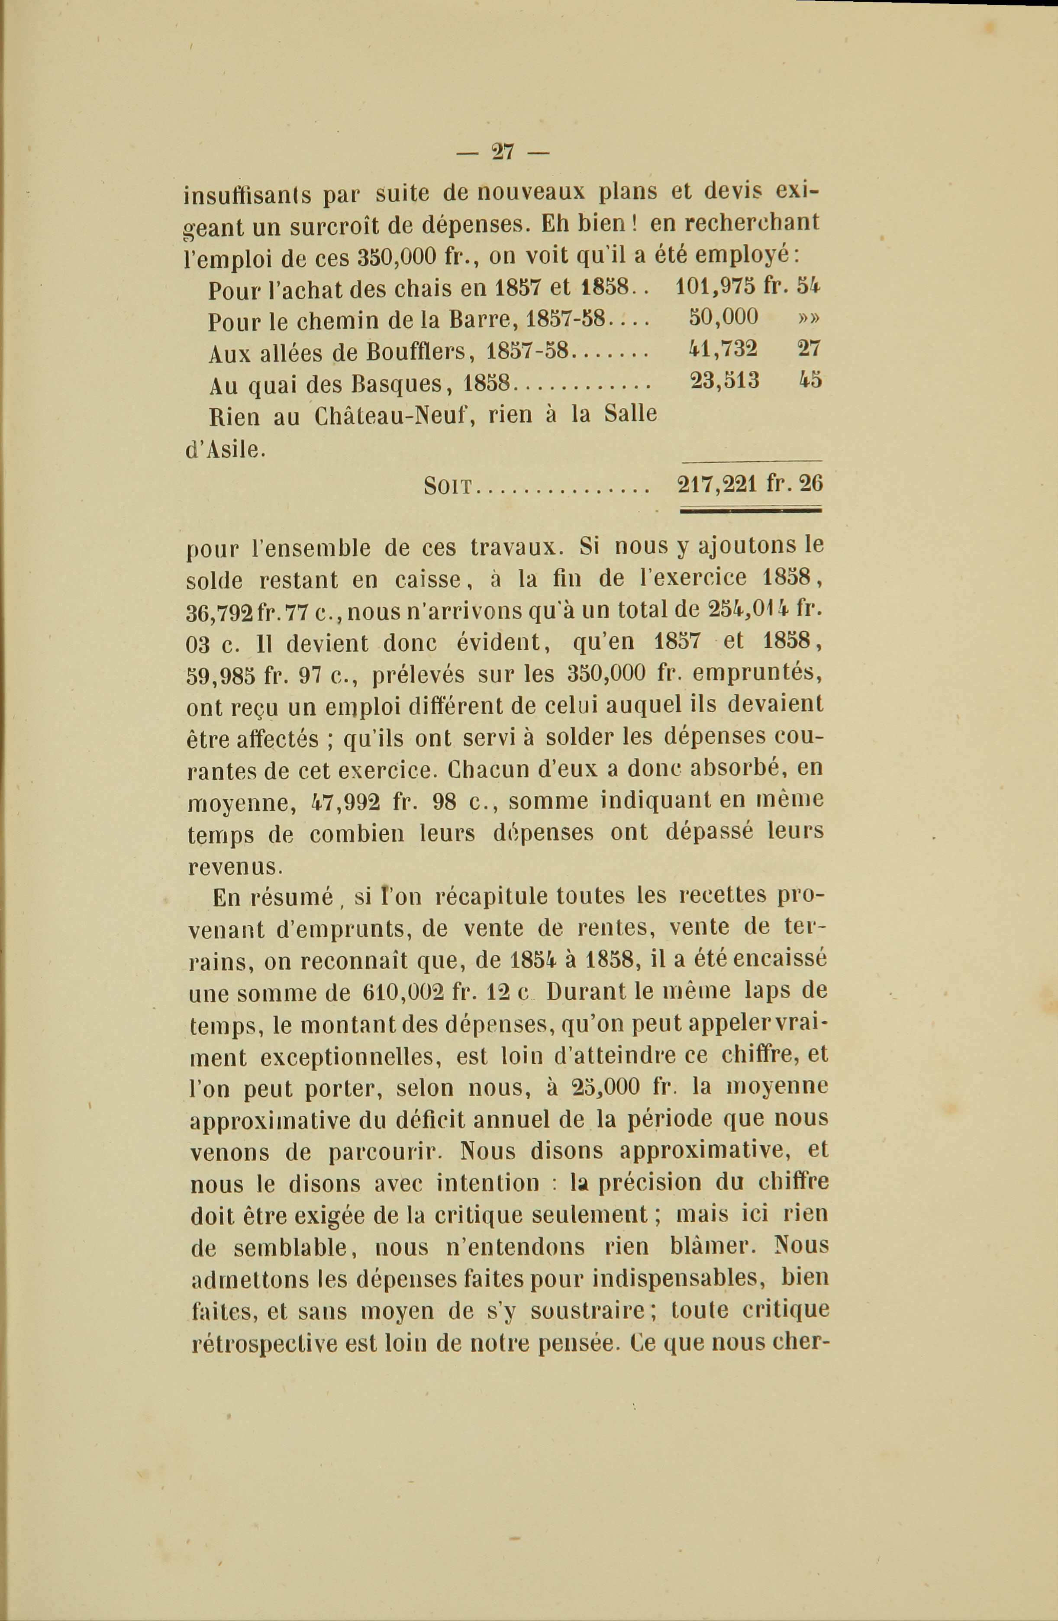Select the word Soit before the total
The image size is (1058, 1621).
(447, 486)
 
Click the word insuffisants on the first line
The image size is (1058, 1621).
(248, 195)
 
